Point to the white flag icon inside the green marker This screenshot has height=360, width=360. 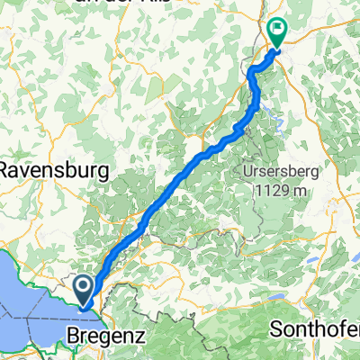[x=277, y=28]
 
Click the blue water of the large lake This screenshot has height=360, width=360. [x=27, y=288]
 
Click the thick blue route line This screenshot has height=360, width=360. [x=180, y=179]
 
